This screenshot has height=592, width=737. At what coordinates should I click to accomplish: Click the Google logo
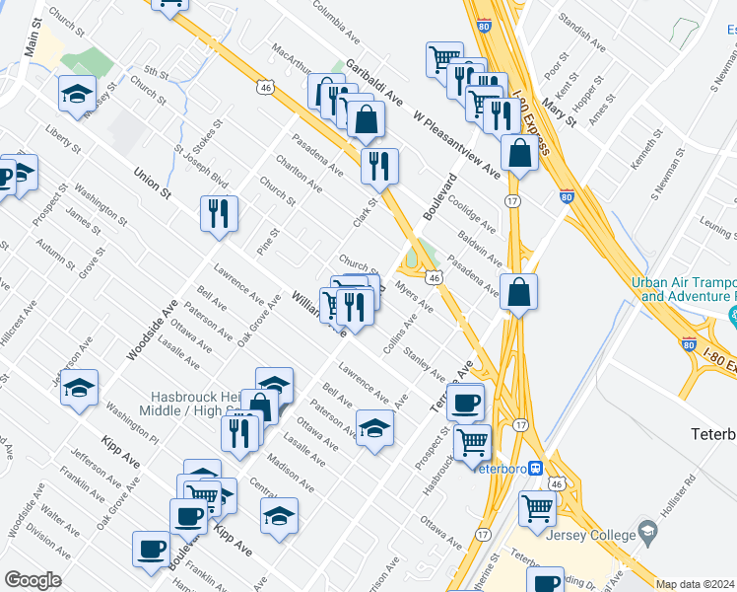click(x=33, y=580)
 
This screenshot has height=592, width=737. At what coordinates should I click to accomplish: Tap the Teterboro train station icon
click(x=535, y=468)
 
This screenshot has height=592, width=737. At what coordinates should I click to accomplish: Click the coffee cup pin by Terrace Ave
click(x=465, y=401)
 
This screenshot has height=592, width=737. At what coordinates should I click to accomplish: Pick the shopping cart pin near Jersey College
click(x=537, y=508)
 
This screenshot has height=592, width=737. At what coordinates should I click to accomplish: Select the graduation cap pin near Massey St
click(x=77, y=93)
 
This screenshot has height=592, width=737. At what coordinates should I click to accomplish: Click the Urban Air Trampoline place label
click(x=683, y=288)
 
